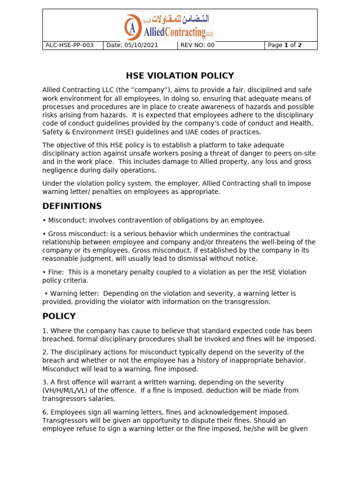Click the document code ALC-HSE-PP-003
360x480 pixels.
coord(69,45)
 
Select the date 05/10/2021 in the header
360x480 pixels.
coord(132,45)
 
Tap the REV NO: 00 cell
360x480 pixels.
coord(197,45)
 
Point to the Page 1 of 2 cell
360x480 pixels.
coord(285,45)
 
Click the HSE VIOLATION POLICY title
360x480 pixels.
coord(180,76)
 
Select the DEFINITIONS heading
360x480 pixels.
coord(72,206)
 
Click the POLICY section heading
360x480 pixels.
coord(59,316)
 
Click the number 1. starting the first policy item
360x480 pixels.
coord(45,331)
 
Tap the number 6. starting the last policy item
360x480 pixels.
coord(45,412)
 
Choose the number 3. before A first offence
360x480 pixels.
coord(45,382)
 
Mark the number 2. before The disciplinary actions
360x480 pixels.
coord(45,352)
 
